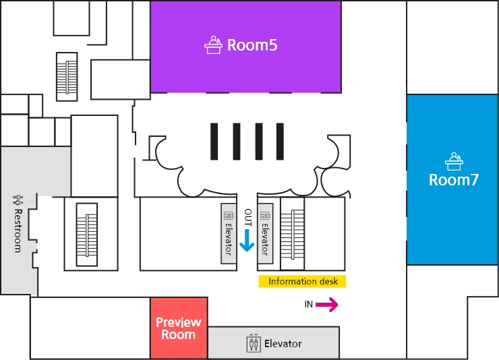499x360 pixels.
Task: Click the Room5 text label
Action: (252, 45)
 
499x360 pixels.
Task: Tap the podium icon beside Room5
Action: (214, 44)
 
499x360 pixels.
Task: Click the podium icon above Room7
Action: (454, 161)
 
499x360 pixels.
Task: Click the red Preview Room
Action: (178, 328)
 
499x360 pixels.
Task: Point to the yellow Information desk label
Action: (302, 282)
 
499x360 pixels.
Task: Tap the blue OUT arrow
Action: (247, 240)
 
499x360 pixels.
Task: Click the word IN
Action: (308, 305)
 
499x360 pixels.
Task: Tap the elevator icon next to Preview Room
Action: (254, 343)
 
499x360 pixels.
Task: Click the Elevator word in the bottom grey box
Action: (283, 344)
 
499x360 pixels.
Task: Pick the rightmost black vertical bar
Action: (280, 142)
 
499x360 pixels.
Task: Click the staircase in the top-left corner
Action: (67, 76)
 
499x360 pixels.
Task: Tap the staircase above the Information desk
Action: (293, 233)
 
